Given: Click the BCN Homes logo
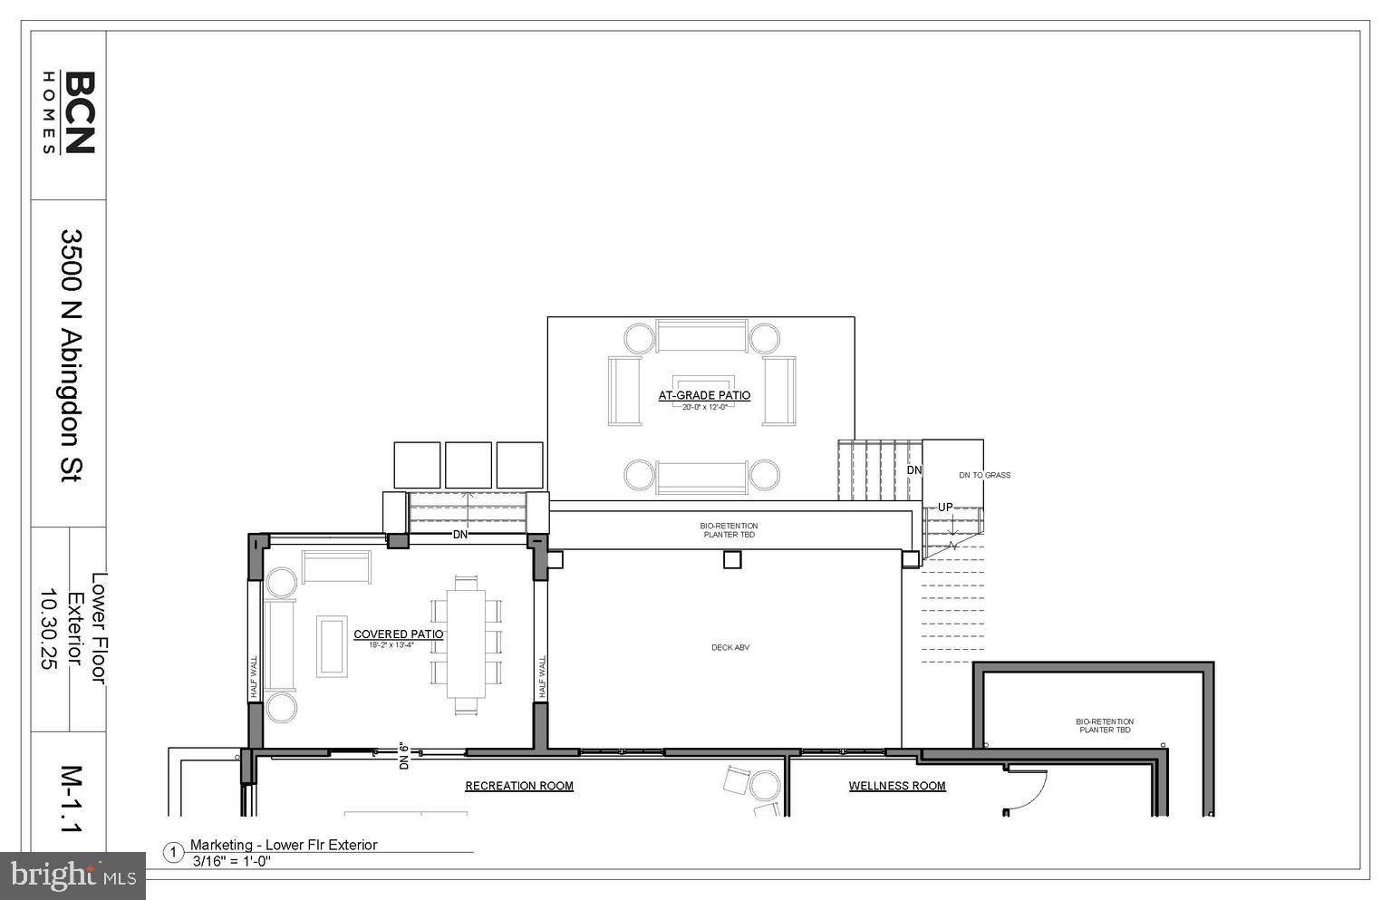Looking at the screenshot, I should click(x=69, y=112).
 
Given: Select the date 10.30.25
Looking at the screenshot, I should click(x=47, y=629).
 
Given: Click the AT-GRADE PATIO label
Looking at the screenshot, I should click(x=704, y=395).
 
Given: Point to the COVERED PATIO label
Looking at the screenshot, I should click(x=398, y=634).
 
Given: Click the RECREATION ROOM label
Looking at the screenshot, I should click(x=519, y=786).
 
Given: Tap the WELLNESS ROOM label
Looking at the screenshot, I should click(x=897, y=786).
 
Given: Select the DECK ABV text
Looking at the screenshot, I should click(x=730, y=647).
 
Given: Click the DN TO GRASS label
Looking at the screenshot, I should click(x=984, y=475).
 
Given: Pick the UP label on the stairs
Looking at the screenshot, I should click(x=945, y=508).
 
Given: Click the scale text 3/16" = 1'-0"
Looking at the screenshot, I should click(x=232, y=861).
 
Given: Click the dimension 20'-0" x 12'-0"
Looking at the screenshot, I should click(x=704, y=407).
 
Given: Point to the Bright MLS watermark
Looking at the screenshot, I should click(x=72, y=876).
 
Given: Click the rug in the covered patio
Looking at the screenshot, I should click(x=331, y=645).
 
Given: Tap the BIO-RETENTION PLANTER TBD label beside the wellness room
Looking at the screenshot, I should click(x=1104, y=725).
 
